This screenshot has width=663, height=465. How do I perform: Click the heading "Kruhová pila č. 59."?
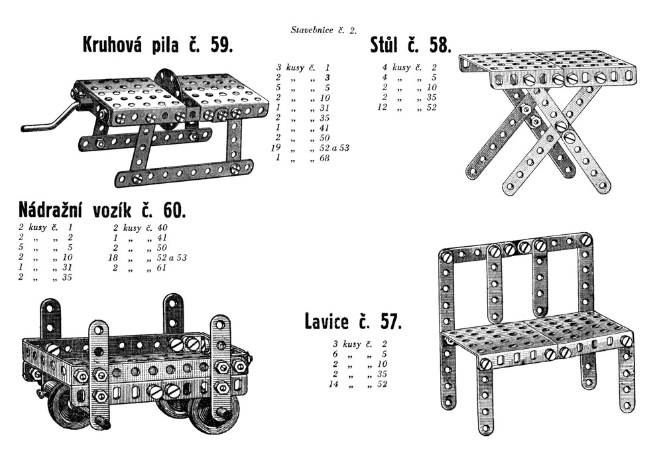coord(158,45)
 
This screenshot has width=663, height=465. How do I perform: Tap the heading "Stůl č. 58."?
coord(410,45)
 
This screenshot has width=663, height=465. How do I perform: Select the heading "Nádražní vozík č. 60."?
coord(102,210)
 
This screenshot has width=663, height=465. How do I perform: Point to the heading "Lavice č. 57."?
coord(353,321)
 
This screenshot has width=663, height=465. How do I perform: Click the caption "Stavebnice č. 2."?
coord(324,30)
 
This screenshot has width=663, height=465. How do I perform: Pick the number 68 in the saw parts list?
coord(324,159)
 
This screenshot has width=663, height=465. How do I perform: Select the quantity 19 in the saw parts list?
coord(276,148)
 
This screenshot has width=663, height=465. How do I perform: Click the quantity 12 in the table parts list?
coord(383,107)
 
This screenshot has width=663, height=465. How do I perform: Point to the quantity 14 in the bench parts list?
coord(334,384)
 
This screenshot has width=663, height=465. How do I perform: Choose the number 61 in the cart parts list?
coord(162,268)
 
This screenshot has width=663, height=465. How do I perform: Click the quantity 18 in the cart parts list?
coord(114,257)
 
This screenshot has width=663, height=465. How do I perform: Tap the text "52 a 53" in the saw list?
coord(335,148)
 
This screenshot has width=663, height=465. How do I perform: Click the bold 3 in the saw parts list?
coord(327,78)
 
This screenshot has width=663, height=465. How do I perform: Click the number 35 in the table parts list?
coord(432,98)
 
